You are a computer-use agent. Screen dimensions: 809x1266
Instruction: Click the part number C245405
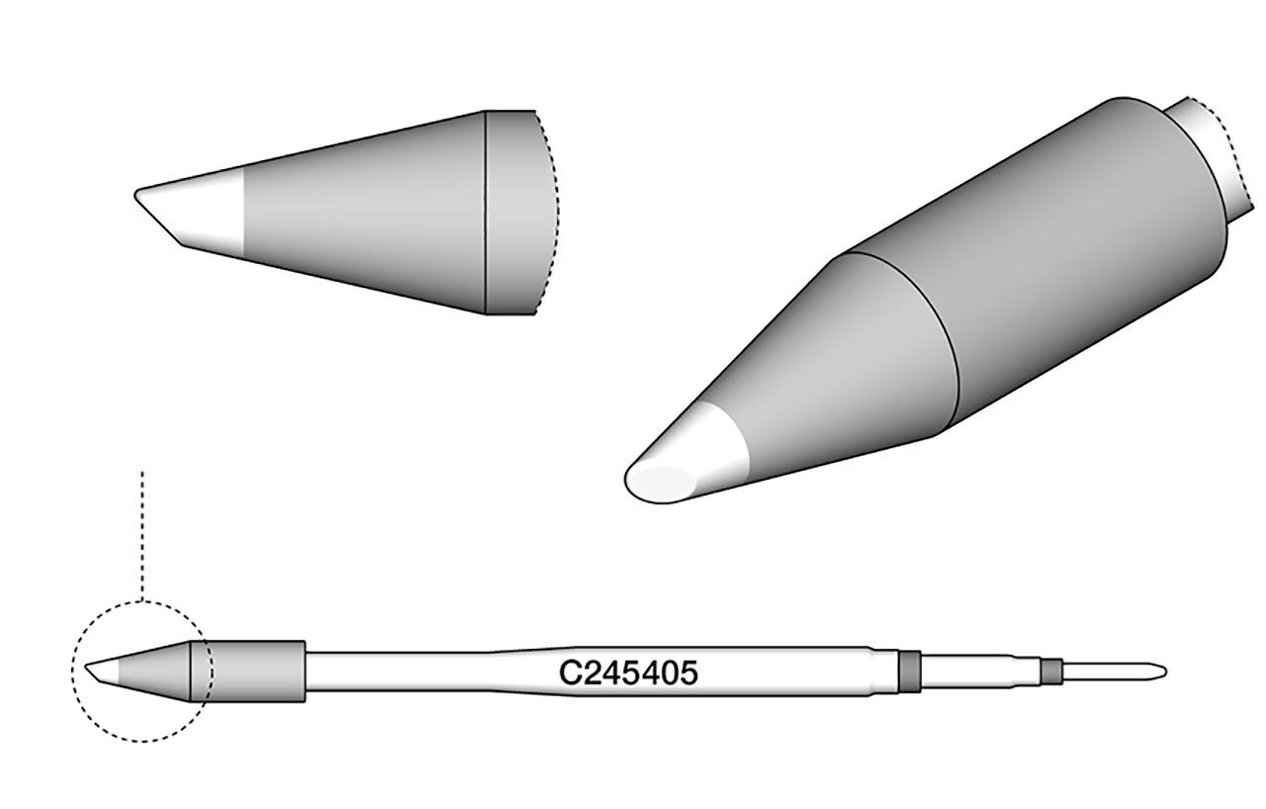629,674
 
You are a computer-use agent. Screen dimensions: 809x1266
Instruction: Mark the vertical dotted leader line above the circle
142,534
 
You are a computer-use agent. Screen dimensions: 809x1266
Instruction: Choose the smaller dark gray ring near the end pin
1049,673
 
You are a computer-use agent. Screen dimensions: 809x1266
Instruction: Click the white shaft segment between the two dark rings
979,673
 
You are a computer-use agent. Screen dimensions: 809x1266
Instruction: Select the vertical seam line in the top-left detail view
486,213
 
